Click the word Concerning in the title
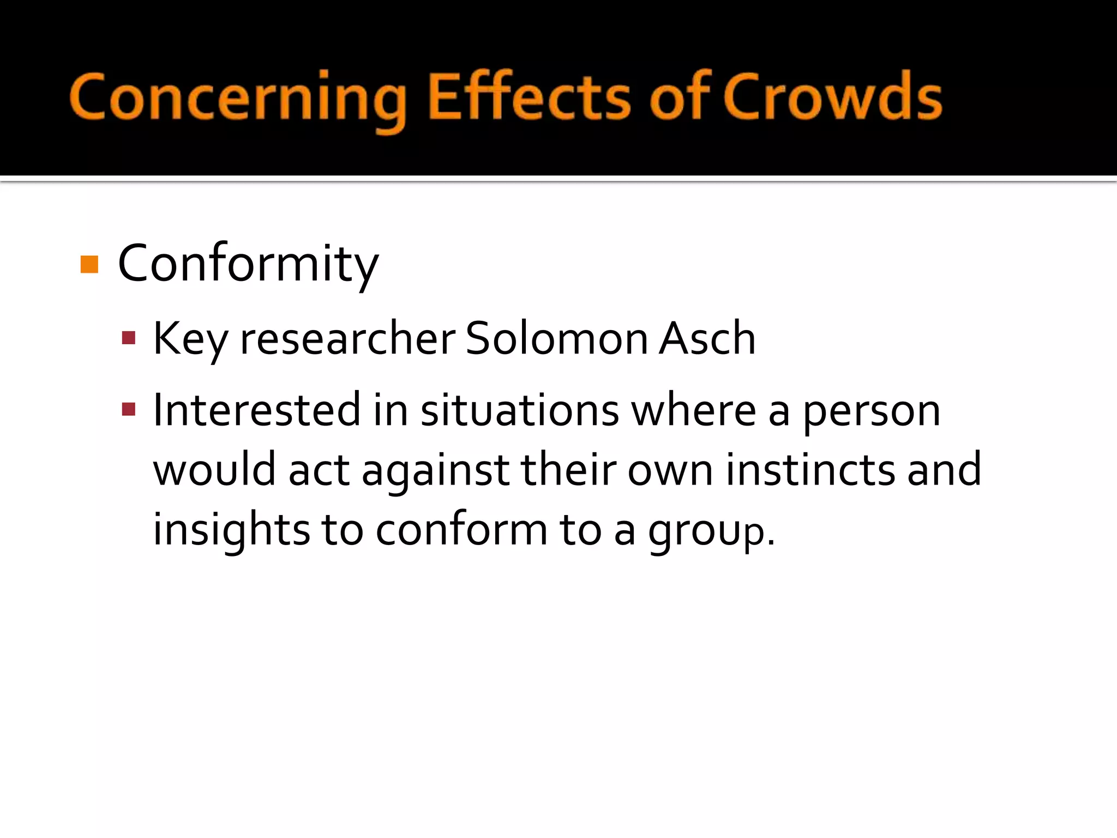click(238, 98)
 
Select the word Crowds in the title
click(832, 98)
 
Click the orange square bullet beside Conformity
click(89, 265)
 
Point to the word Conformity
click(248, 265)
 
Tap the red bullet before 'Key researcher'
click(129, 338)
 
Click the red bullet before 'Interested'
click(129, 409)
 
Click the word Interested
click(256, 410)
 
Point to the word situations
click(519, 410)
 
